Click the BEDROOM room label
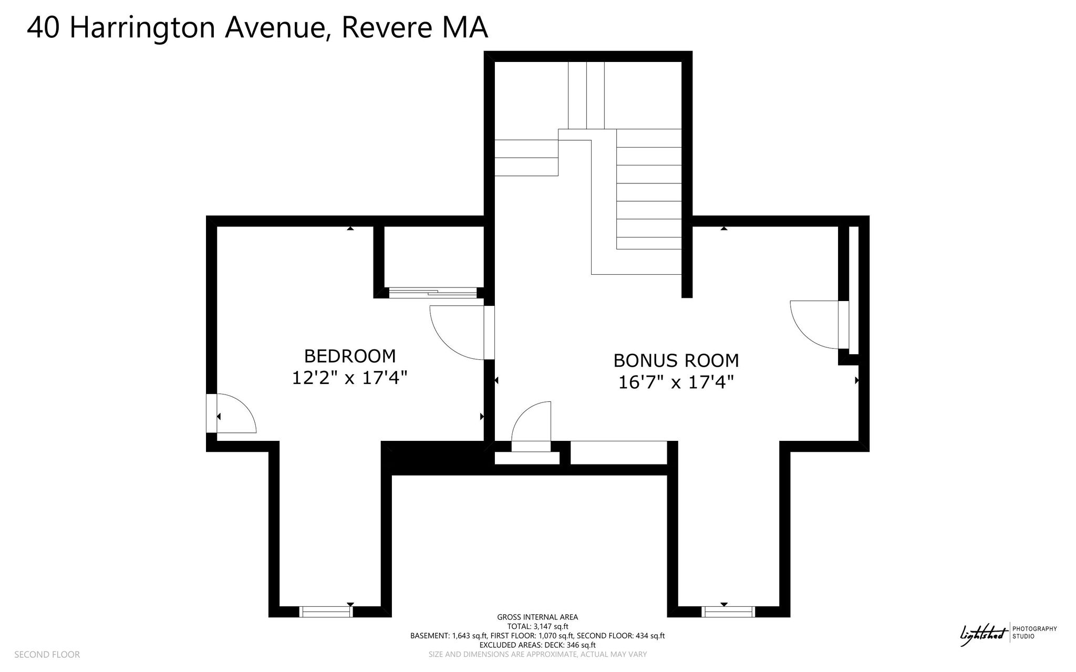click(x=350, y=356)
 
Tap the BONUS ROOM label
click(x=676, y=360)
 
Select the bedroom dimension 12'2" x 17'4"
click(x=350, y=378)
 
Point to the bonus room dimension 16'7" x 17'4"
click(x=676, y=382)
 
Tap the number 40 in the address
click(x=43, y=28)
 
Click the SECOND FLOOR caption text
click(x=47, y=655)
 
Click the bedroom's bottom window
click(x=326, y=612)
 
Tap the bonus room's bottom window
click(x=728, y=612)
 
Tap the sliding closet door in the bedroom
click(x=433, y=292)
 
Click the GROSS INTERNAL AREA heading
click(x=537, y=617)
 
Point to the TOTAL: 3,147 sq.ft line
click(x=537, y=626)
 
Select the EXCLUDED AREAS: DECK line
click(x=537, y=645)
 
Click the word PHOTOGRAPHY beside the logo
click(x=1034, y=629)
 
